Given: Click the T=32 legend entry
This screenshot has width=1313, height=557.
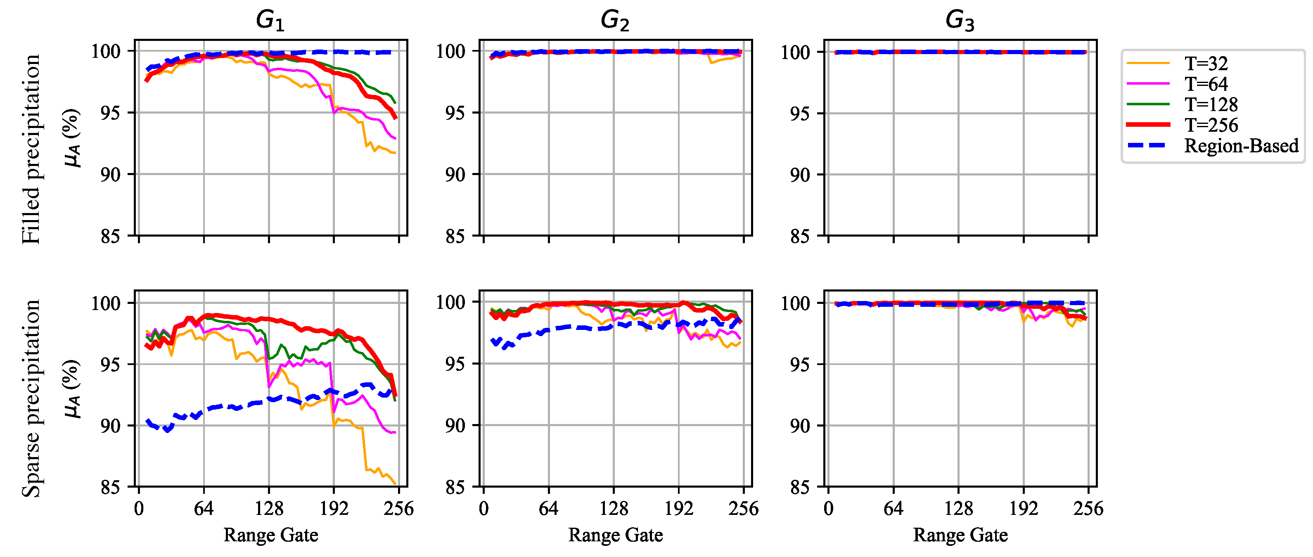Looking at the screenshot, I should tap(1206, 63).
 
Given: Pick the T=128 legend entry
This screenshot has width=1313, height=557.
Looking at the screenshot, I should tap(1211, 104).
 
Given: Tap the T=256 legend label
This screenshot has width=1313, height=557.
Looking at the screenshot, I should tap(1211, 125).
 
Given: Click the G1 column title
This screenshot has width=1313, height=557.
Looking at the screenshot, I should tap(270, 20).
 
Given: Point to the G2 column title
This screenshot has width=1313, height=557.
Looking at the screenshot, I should tap(615, 20).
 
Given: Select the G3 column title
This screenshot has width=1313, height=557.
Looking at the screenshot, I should tap(960, 20).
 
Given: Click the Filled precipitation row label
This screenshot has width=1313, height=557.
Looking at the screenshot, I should tap(31, 149).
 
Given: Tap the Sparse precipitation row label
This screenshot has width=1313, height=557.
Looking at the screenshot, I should tap(31, 398).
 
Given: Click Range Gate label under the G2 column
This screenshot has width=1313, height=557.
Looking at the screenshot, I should tap(615, 535).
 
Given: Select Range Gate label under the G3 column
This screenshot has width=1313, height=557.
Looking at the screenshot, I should tap(960, 535).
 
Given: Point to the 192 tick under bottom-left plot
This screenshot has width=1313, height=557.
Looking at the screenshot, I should tap(334, 508).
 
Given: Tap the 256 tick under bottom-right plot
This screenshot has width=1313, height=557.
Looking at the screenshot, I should tap(1088, 508).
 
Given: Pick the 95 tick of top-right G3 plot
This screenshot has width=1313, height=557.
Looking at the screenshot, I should tap(800, 113).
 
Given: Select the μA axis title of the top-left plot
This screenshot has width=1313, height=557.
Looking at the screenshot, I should tap(72, 137).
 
